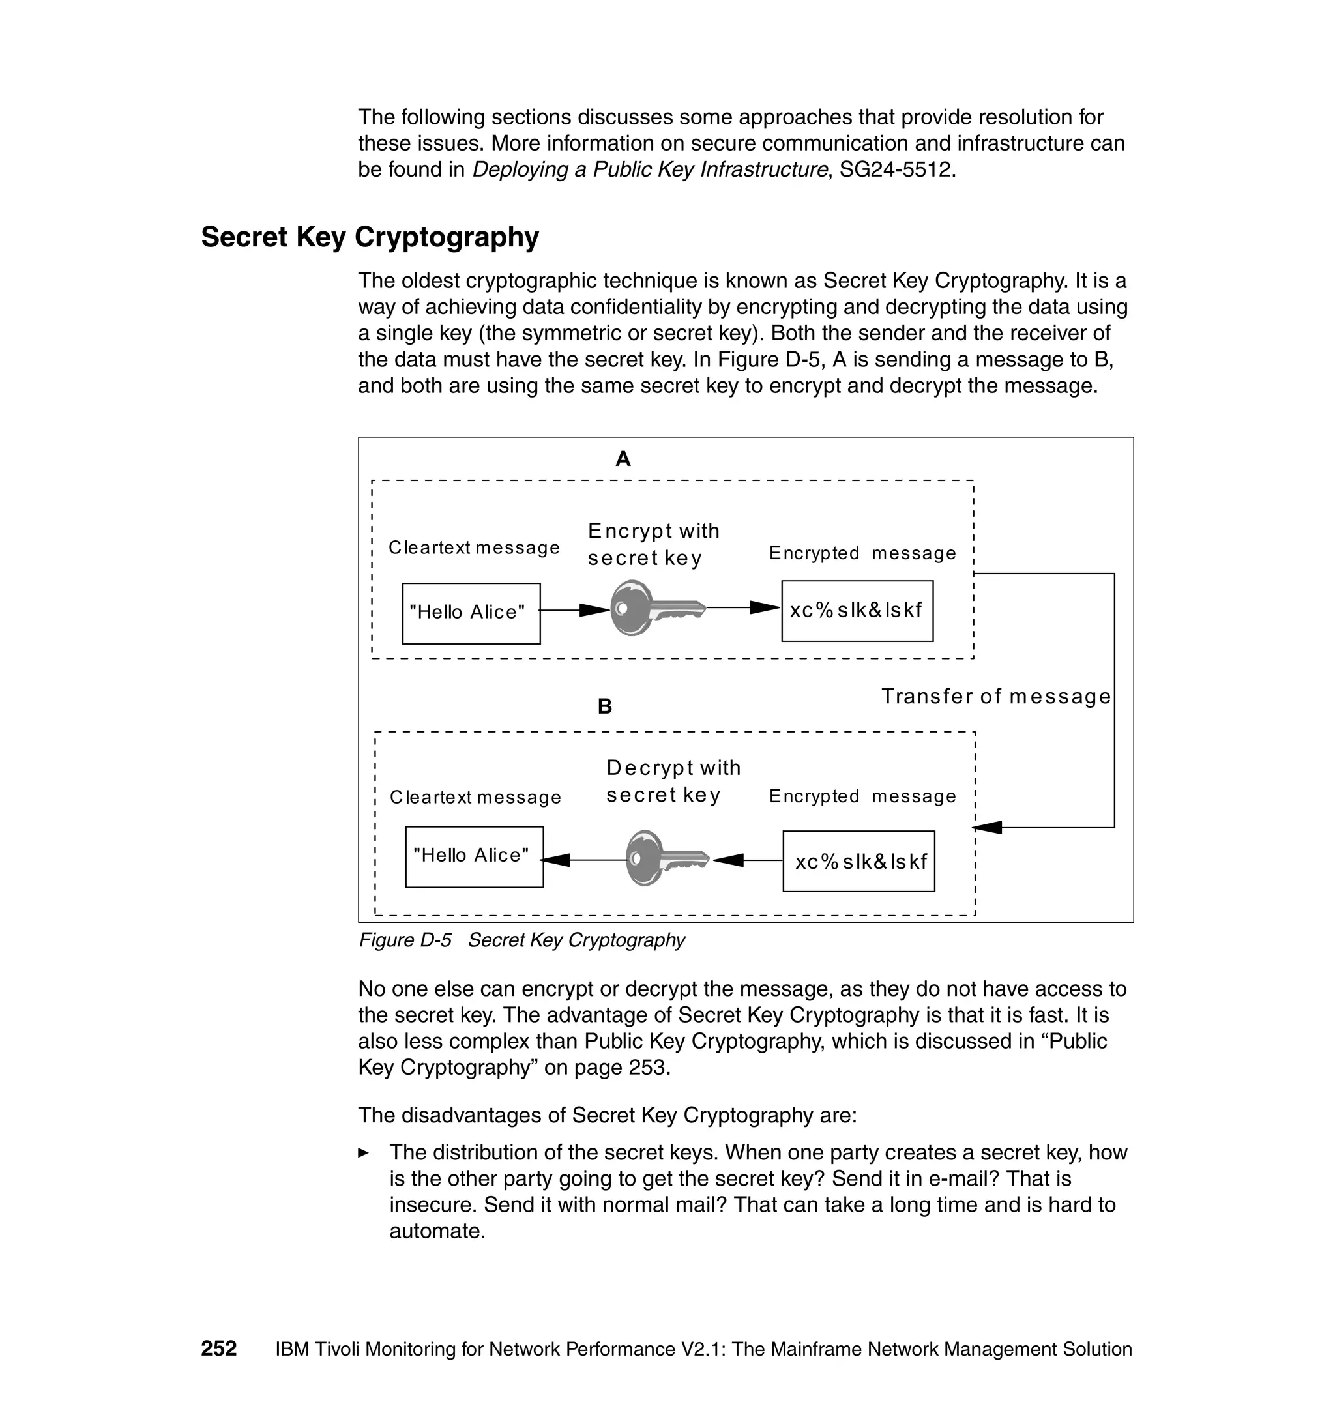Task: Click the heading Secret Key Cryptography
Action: point(370,237)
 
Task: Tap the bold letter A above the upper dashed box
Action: point(623,459)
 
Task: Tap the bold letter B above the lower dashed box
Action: point(604,706)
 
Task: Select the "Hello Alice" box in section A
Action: point(471,613)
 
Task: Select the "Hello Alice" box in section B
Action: point(474,856)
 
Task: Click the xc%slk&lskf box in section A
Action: point(857,611)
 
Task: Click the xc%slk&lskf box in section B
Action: point(858,861)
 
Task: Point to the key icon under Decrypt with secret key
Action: point(666,858)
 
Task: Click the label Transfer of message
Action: point(995,696)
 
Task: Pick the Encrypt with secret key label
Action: point(653,544)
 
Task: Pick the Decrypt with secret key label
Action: point(673,781)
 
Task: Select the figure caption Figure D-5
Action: point(521,940)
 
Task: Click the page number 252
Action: point(218,1348)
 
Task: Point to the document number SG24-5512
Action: point(894,169)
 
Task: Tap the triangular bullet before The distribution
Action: point(364,1152)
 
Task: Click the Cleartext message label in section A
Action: point(474,548)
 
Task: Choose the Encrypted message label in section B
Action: point(862,796)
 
